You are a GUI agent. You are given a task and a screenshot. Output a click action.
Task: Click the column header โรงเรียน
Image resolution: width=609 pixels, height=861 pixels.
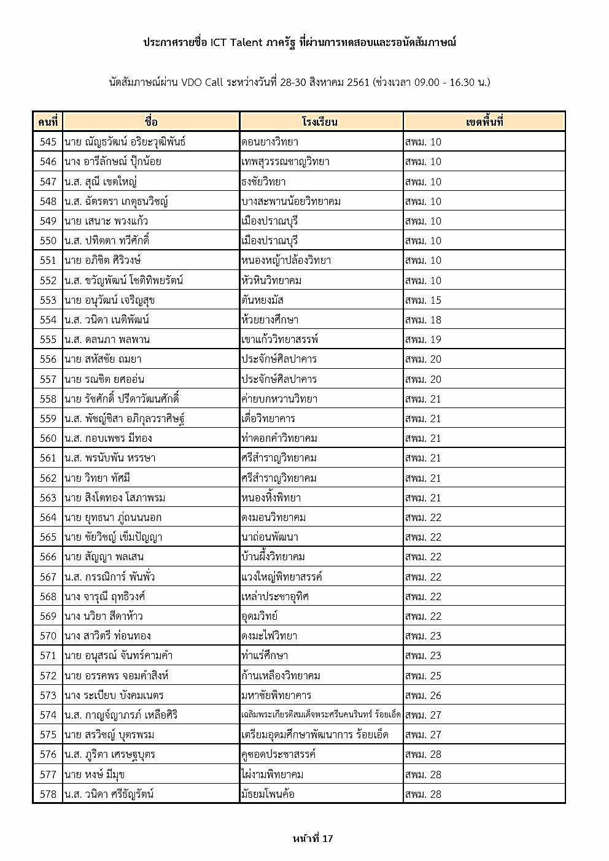point(320,122)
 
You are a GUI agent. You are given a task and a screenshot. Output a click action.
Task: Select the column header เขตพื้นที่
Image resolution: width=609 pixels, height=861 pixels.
point(484,122)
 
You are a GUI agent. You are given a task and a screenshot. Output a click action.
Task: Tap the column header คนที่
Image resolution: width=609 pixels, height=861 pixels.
point(47,122)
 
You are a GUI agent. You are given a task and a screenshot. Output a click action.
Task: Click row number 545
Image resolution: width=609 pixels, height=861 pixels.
point(48,142)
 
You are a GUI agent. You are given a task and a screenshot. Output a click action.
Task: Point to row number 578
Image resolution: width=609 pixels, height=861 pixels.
point(48,794)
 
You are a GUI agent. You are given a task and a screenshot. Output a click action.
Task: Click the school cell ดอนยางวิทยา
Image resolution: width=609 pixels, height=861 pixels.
point(270,142)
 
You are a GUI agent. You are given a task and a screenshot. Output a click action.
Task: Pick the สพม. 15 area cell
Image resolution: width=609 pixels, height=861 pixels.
point(423,300)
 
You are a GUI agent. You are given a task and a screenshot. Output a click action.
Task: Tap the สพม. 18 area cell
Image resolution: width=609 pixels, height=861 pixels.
point(423,320)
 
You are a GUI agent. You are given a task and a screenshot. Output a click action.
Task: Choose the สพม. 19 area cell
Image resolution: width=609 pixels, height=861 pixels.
point(423,339)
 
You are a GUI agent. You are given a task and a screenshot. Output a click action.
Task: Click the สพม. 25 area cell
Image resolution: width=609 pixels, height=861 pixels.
point(423,676)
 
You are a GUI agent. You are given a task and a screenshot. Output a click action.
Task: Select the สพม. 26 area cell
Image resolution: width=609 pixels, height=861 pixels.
point(423,695)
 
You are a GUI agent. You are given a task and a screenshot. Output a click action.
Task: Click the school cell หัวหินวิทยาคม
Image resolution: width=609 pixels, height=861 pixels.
point(271,280)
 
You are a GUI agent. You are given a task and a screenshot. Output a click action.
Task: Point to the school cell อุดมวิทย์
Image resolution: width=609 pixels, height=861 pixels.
point(260,616)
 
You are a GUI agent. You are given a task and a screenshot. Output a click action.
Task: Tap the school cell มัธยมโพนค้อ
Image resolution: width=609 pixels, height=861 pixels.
point(268,794)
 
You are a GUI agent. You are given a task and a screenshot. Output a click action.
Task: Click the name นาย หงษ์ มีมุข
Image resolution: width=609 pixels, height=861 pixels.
point(95,774)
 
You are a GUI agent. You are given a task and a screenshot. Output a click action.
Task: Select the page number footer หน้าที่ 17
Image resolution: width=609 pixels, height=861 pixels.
point(313,838)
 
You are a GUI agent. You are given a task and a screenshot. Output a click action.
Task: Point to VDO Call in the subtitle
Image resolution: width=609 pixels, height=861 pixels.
point(202,82)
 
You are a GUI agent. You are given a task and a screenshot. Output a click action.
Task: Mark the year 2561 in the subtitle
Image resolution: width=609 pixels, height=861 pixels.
point(358,82)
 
